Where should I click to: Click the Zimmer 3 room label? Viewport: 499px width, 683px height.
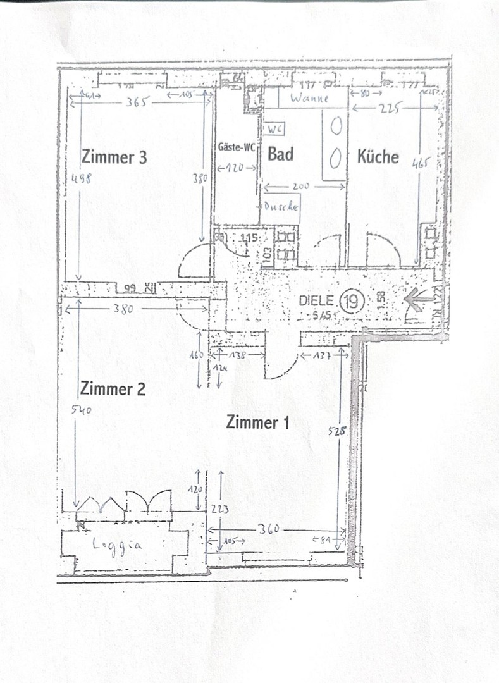[114, 156]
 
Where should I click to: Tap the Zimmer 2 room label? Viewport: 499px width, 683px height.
[113, 388]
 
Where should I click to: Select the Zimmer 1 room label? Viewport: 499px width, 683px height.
[258, 423]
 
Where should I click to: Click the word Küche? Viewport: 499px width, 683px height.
[378, 156]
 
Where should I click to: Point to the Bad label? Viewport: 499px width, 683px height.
[280, 154]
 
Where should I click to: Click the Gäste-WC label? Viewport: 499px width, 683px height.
[237, 148]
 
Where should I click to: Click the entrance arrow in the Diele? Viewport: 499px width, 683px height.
[418, 300]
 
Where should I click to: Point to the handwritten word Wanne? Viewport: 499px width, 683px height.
[310, 99]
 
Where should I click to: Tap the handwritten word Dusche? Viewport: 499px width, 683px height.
[281, 206]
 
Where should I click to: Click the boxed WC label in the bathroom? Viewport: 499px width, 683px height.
[274, 128]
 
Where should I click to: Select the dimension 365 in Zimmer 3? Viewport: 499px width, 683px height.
[136, 102]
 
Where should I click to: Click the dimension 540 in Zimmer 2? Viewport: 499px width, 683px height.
[82, 410]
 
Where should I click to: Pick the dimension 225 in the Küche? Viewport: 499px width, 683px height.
[391, 108]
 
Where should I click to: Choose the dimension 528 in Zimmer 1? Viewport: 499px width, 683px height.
[337, 433]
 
